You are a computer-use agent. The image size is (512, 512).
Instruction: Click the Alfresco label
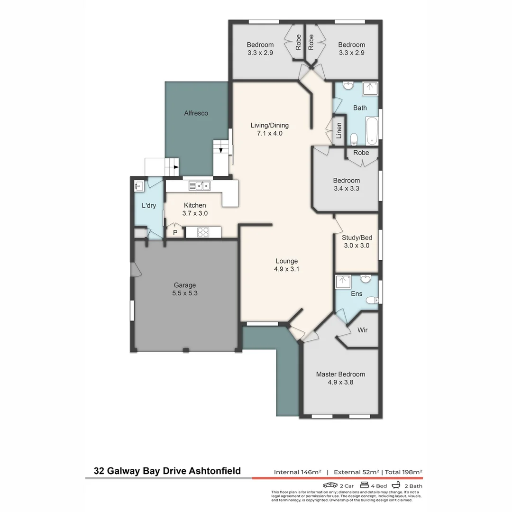click(x=196, y=113)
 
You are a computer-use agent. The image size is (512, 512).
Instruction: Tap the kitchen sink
click(x=199, y=186)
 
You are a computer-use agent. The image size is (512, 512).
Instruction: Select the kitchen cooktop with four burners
click(x=203, y=232)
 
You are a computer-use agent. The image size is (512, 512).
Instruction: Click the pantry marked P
click(x=175, y=233)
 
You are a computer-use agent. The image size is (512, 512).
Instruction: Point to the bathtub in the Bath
click(x=372, y=131)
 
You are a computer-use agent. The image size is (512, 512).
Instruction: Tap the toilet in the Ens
click(x=374, y=300)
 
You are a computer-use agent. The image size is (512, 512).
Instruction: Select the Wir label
click(x=362, y=330)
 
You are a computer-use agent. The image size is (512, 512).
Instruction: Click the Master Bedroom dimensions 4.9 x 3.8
click(x=340, y=382)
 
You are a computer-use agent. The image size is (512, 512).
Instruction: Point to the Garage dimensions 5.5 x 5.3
click(x=184, y=293)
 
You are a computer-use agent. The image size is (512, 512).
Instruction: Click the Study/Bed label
click(x=357, y=238)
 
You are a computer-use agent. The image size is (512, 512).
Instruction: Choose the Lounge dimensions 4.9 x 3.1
click(x=287, y=269)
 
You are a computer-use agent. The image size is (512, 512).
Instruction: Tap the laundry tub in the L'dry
click(x=139, y=185)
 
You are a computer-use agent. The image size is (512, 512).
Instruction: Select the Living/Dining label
click(x=269, y=126)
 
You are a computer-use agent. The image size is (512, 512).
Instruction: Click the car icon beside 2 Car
click(x=330, y=485)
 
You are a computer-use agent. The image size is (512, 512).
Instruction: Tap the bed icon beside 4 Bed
click(x=365, y=485)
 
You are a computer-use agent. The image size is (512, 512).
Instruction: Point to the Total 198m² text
click(x=403, y=472)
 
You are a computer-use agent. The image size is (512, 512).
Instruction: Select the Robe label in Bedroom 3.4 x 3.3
click(x=361, y=153)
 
